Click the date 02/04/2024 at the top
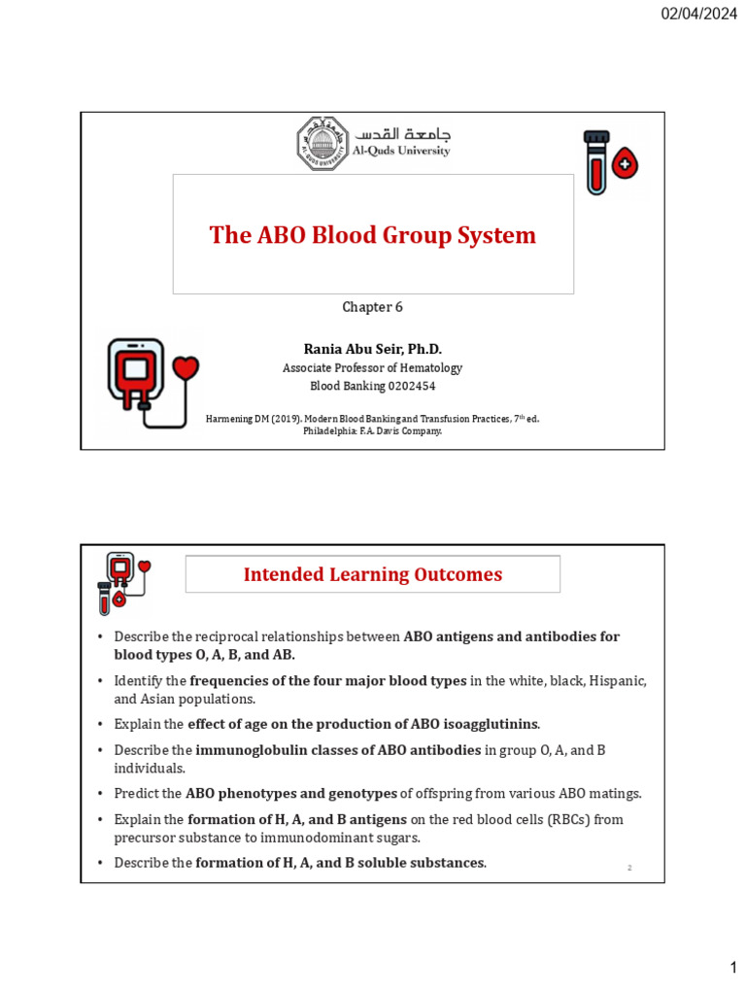(x=699, y=14)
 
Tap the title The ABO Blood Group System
(x=373, y=235)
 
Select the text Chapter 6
(x=372, y=307)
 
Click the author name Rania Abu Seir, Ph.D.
(x=372, y=349)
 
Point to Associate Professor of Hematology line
(x=372, y=368)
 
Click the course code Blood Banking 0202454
(x=372, y=386)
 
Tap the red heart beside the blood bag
(x=185, y=368)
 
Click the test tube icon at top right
(x=595, y=159)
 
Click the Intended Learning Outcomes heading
(x=373, y=574)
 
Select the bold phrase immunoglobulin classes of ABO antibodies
(x=338, y=750)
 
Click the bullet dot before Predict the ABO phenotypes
(x=100, y=794)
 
